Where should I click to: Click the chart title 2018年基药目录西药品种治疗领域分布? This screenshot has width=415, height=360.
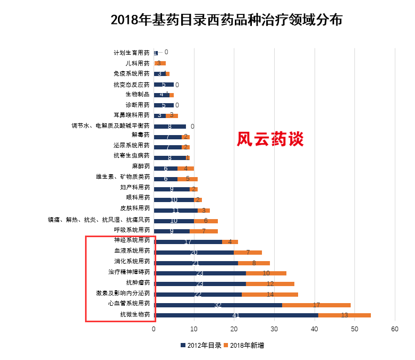[x=226, y=20]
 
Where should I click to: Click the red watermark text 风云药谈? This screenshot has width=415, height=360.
[x=269, y=139]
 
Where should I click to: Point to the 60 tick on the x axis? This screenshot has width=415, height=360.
[x=394, y=329]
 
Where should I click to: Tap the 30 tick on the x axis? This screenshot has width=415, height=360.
[x=274, y=329]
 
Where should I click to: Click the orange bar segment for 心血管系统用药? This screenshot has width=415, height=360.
[x=316, y=305]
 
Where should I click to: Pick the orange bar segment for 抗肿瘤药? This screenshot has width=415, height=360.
[x=270, y=284]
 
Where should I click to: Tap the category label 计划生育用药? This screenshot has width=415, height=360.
[x=132, y=53]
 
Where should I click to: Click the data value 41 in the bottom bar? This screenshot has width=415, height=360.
[x=236, y=315]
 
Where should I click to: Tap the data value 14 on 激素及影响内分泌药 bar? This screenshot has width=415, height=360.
[x=270, y=295]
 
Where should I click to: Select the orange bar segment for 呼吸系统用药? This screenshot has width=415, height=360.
[x=204, y=231]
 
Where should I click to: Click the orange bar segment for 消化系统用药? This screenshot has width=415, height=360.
[x=254, y=263]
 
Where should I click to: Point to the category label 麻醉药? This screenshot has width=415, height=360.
[x=141, y=168]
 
